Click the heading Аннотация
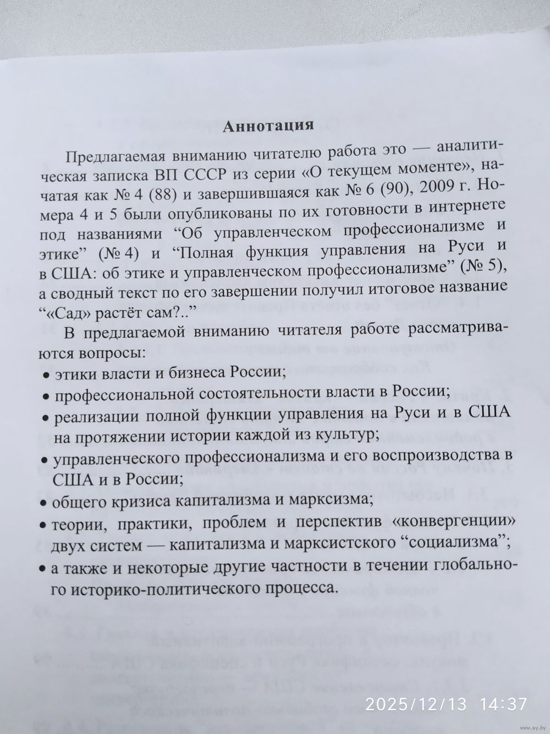[x=268, y=126]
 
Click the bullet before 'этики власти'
[x=47, y=375]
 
